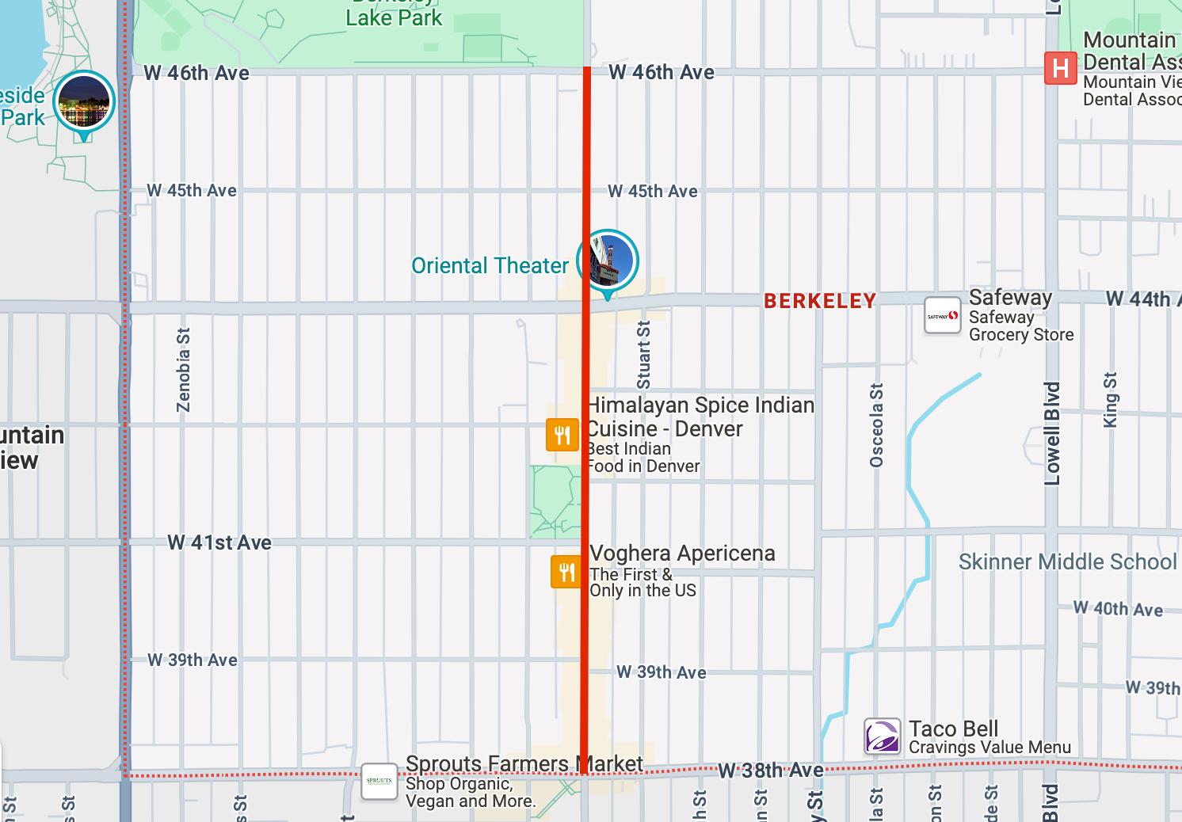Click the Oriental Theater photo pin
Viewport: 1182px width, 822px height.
pos(608,261)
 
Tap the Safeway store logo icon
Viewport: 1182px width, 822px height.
pos(942,316)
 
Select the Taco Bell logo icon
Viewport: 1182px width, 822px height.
pos(882,737)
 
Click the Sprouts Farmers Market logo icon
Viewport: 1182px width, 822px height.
pos(379,782)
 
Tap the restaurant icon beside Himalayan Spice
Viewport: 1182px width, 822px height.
pos(562,435)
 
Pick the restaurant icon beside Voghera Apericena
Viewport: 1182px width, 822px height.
pos(566,571)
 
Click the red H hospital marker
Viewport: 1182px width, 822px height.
pos(1060,68)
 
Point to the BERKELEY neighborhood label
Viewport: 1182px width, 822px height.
pos(820,301)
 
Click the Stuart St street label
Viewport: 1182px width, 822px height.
pos(644,354)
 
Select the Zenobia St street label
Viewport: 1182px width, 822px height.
pos(184,370)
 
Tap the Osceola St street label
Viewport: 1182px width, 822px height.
pos(876,425)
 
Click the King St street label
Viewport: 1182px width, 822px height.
pos(1110,400)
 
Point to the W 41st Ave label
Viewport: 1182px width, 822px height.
pos(219,542)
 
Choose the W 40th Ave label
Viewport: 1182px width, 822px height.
pos(1118,609)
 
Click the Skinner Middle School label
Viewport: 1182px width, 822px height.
pos(1067,562)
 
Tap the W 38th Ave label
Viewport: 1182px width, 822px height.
pos(771,771)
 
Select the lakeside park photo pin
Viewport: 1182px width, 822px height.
pos(84,102)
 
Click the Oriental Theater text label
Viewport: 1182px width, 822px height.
pos(490,266)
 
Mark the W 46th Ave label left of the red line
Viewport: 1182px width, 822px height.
pos(196,73)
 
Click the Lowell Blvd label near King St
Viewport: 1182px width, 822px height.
pos(1052,433)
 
